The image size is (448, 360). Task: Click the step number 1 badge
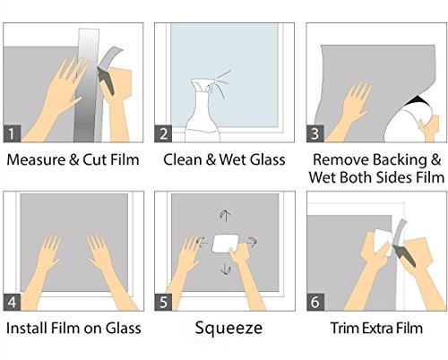[12, 133]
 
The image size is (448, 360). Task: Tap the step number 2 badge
[163, 133]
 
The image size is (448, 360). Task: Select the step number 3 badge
[315, 133]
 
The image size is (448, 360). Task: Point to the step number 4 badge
[12, 302]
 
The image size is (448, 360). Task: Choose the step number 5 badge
[163, 302]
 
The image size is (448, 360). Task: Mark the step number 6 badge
[315, 302]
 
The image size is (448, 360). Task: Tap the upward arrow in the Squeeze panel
[226, 215]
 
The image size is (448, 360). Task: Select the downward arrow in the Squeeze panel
[226, 269]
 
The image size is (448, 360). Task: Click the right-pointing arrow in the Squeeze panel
[251, 242]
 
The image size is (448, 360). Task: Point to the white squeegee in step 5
[226, 244]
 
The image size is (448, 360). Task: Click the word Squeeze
[228, 328]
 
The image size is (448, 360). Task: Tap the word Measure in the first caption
[36, 159]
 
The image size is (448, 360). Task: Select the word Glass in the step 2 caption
[268, 159]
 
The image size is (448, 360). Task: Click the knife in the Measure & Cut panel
[106, 81]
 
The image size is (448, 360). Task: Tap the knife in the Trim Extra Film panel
[404, 256]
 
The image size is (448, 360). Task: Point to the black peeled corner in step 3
[418, 100]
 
